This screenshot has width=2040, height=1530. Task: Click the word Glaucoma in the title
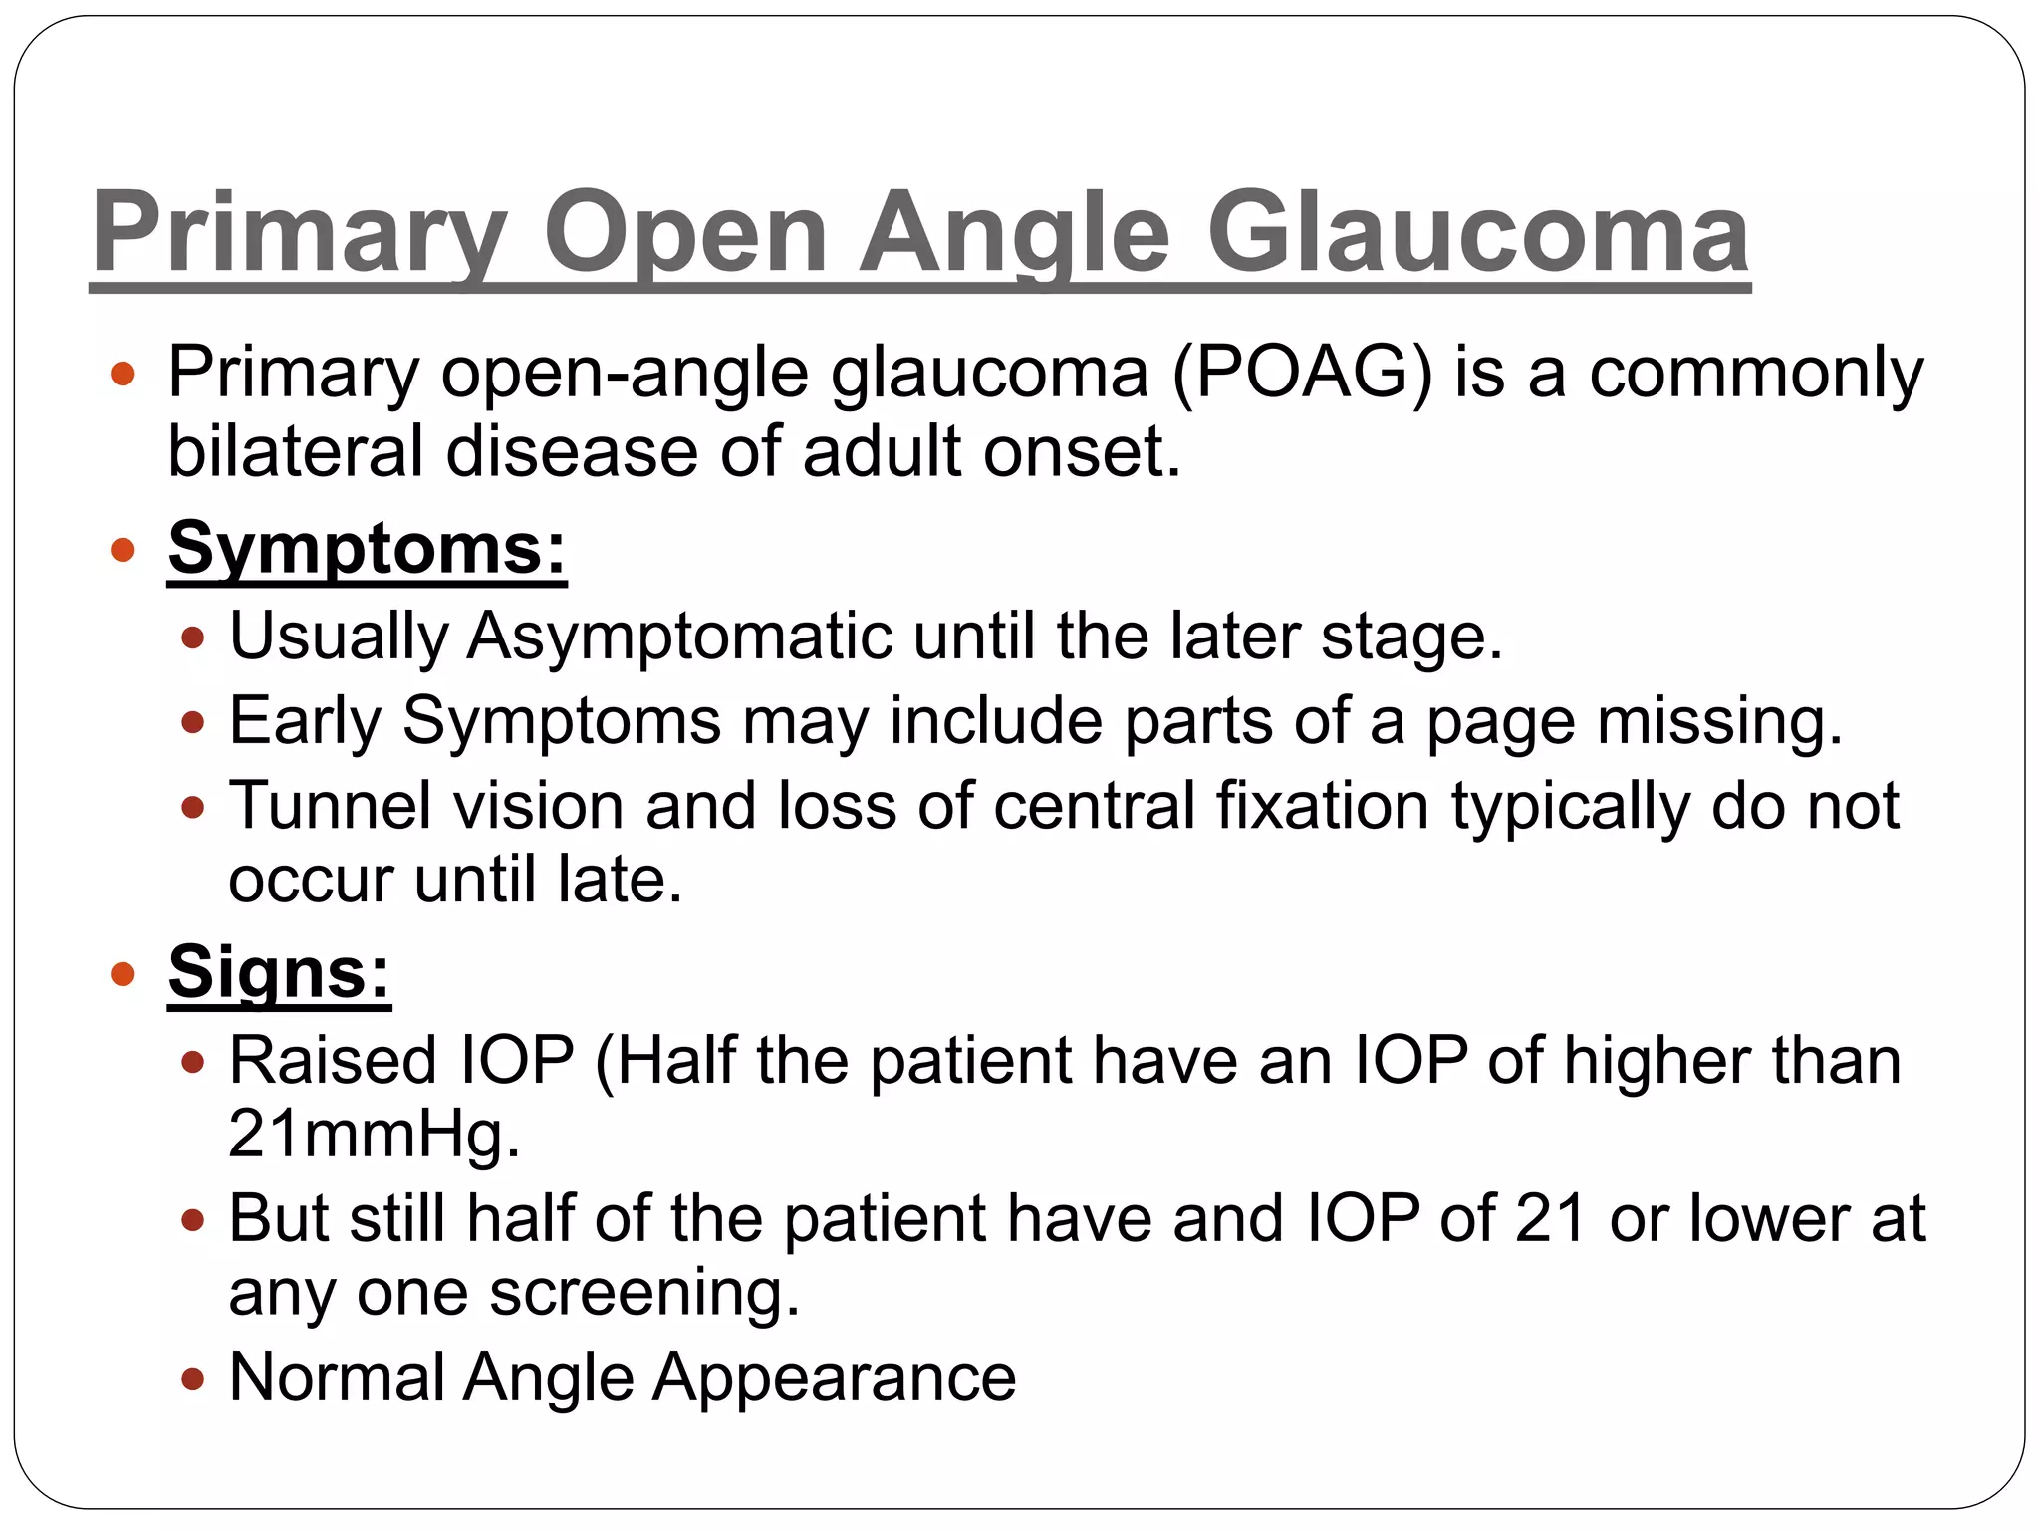tap(1478, 234)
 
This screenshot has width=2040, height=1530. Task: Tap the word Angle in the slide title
tap(1014, 234)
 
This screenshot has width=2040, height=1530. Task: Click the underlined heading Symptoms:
tap(368, 548)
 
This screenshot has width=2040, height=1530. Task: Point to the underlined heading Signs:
tap(279, 972)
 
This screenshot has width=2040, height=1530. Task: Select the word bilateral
tap(295, 451)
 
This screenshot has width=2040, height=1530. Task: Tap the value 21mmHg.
tap(375, 1136)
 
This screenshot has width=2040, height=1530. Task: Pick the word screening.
tap(644, 1294)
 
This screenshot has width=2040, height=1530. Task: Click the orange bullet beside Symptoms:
tap(123, 549)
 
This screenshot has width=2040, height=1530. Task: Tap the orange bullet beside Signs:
tap(123, 973)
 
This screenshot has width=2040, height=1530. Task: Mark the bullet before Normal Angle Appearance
tap(193, 1379)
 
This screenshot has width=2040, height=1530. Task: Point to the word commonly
tap(1756, 374)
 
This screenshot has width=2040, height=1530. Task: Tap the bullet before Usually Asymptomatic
tap(193, 637)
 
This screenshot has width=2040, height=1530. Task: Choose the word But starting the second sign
tap(279, 1218)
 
